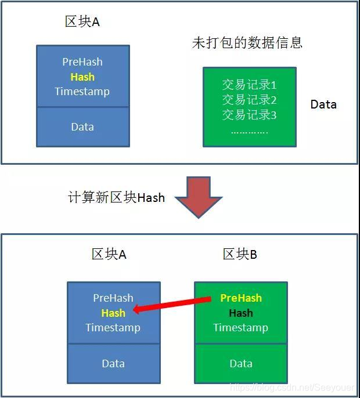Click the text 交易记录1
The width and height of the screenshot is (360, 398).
coord(249,85)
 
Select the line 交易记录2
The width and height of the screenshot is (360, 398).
coord(249,100)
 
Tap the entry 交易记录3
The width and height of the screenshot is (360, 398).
coord(249,115)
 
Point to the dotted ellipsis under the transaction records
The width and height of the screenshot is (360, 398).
coord(249,131)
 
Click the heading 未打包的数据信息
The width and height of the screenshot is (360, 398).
coord(247,43)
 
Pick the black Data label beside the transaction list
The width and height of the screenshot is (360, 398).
coord(323,104)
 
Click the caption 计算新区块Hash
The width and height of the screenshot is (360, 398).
coord(117,198)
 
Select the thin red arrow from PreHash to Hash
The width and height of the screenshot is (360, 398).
coord(172,305)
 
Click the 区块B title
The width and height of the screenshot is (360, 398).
coord(240,254)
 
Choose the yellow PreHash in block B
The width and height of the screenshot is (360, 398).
coord(241,298)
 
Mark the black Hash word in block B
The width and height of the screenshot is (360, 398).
coord(241,313)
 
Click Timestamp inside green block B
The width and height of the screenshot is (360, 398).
coord(241,328)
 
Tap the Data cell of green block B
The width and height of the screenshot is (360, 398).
coord(241,364)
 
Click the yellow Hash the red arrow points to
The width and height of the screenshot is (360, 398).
coord(113,313)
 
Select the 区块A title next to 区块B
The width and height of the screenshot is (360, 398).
coord(109,254)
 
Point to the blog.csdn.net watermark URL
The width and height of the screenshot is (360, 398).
coord(291,387)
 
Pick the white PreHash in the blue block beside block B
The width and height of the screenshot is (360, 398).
coord(113,298)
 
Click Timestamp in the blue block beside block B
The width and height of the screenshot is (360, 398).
coord(113,328)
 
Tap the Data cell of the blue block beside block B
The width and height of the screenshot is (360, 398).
coord(113,364)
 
